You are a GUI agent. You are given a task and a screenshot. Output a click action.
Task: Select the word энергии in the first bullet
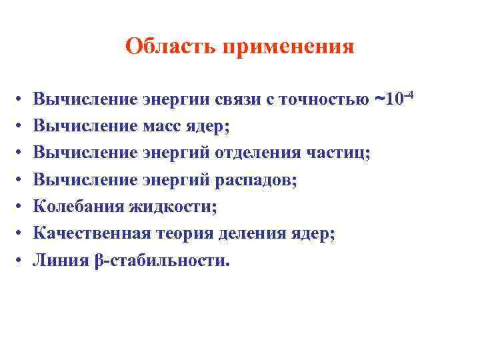click(x=178, y=100)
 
